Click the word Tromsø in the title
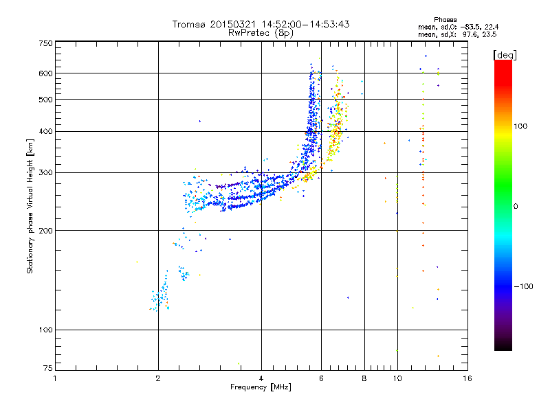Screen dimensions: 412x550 [189, 24]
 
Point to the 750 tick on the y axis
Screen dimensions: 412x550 [45, 43]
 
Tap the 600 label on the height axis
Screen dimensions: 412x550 [45, 73]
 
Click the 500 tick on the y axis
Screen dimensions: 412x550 [45, 99]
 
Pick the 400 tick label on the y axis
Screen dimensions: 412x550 [45, 131]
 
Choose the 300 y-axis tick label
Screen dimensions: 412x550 [45, 172]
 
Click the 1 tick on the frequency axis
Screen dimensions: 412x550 [55, 378]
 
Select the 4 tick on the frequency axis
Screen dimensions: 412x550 [261, 378]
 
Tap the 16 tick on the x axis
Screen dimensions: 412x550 [467, 378]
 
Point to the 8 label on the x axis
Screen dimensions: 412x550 [364, 378]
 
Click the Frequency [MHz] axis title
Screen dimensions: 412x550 [261, 387]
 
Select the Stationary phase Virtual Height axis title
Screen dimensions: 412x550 [30, 206]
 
